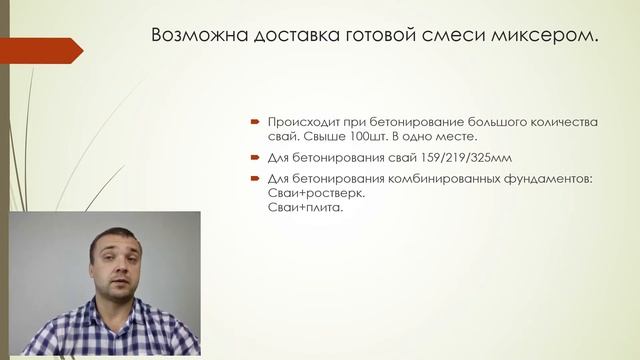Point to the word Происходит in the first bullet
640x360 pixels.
301,122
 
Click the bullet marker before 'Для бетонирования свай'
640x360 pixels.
256,158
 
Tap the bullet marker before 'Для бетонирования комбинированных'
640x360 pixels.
256,179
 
